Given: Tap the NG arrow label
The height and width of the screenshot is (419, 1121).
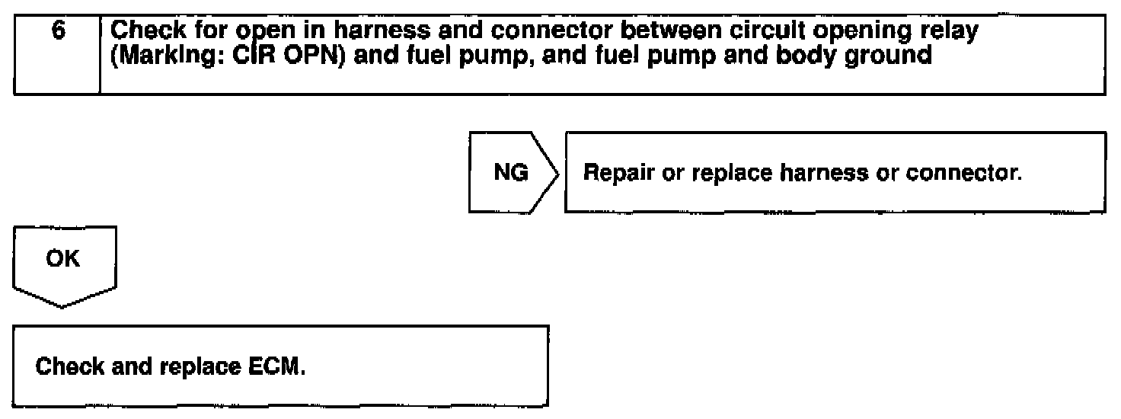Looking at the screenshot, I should (x=509, y=174).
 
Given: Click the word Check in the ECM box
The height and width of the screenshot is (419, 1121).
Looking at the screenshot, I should (x=65, y=369).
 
